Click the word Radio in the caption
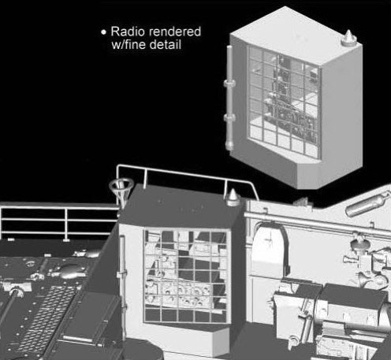pyautogui.click(x=128, y=32)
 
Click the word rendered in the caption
pyautogui.click(x=174, y=32)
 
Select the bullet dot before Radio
pyautogui.click(x=104, y=32)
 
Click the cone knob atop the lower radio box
pyautogui.click(x=233, y=197)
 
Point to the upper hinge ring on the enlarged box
pyautogui.click(x=229, y=84)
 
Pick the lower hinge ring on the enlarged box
pyautogui.click(x=229, y=117)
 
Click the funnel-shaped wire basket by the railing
pyautogui.click(x=121, y=191)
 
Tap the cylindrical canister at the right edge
pyautogui.click(x=367, y=204)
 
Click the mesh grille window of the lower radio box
pyautogui.click(x=185, y=276)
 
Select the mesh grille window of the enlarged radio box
pyautogui.click(x=285, y=102)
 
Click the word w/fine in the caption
pyautogui.click(x=128, y=44)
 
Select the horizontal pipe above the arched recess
pyautogui.click(x=315, y=224)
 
